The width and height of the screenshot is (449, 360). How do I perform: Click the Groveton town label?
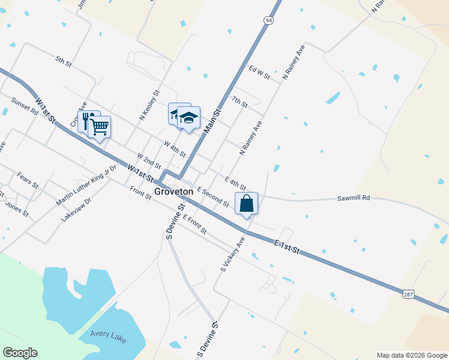tap(173, 191)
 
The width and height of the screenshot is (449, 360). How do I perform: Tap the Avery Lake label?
tap(108, 336)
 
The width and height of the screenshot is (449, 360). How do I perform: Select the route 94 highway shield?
tap(268, 20)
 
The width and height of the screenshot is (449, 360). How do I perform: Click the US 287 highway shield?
tap(408, 293)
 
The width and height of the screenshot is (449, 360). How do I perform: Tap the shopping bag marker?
tap(247, 204)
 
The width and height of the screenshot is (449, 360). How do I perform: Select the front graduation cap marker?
tap(189, 118)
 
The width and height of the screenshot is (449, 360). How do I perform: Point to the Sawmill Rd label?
tap(354, 197)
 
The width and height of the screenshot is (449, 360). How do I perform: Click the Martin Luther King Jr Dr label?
tap(86, 185)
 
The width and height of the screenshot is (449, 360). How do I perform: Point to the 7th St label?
tap(240, 102)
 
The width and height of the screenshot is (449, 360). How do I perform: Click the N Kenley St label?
tap(150, 106)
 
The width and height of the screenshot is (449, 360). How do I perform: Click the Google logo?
tap(20, 353)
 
